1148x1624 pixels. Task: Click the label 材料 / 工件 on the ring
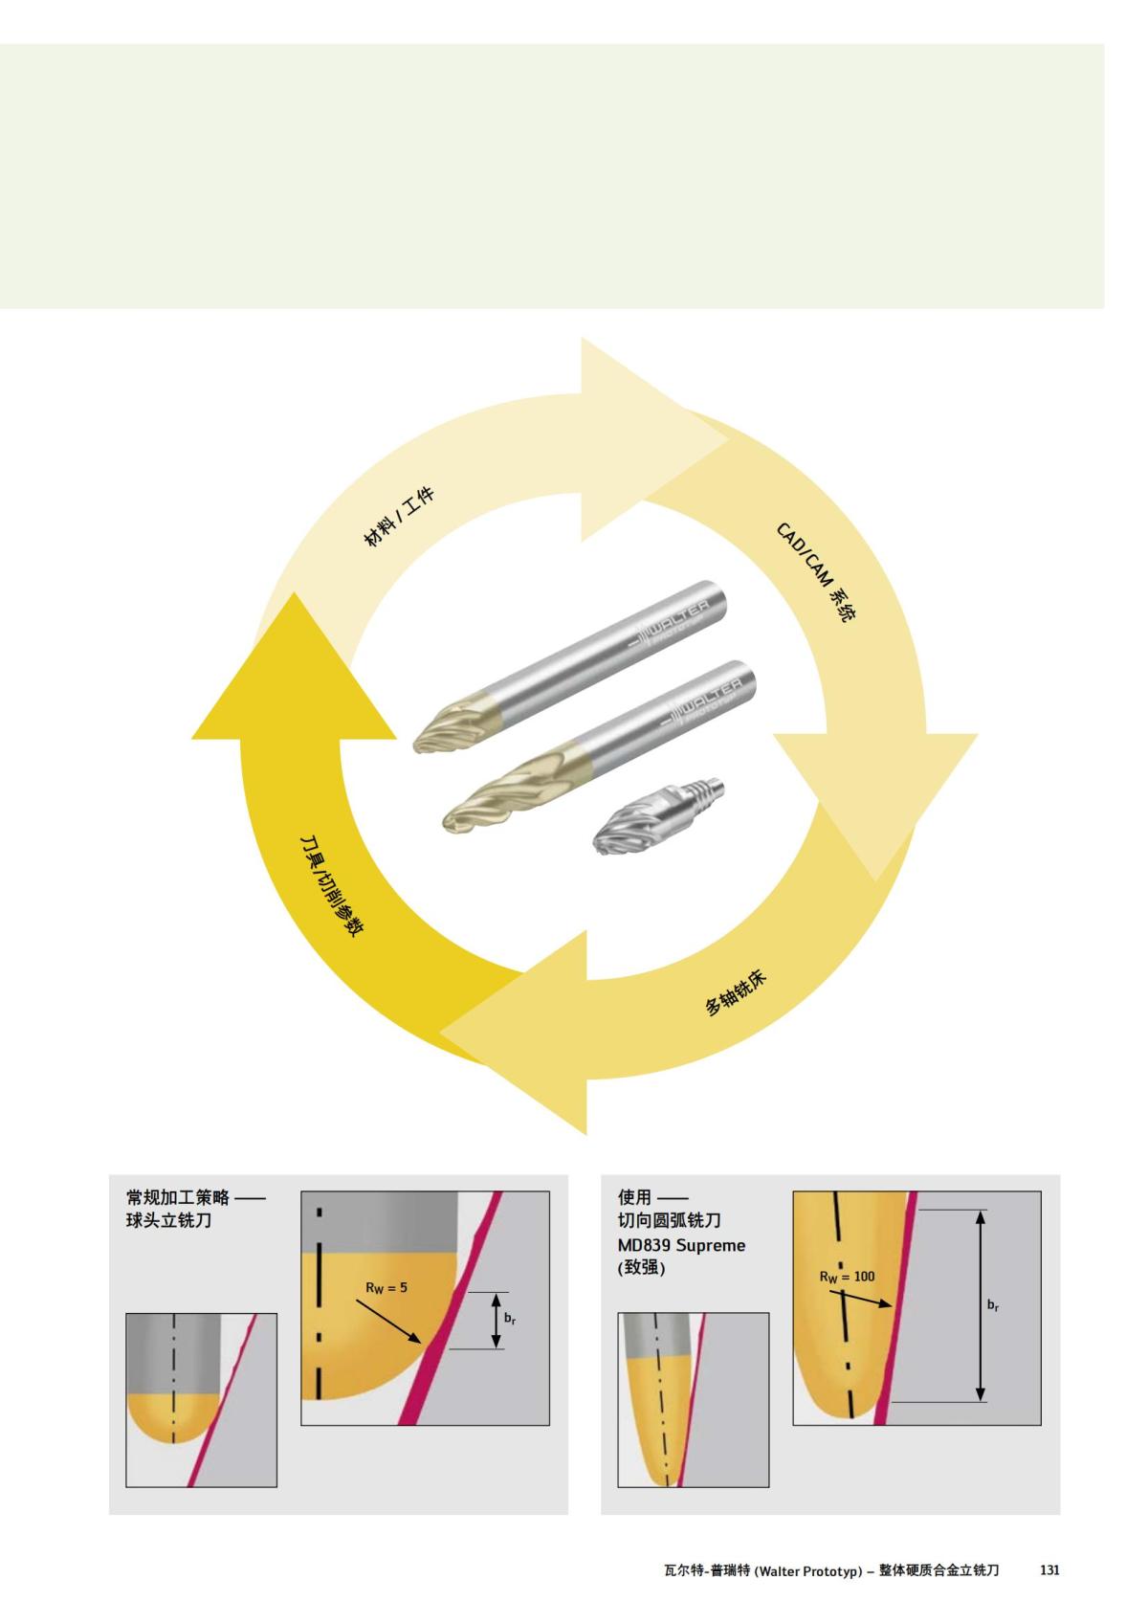pos(399,517)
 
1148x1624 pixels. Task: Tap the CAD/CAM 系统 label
pos(816,572)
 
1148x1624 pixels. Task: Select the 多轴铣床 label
pos(735,992)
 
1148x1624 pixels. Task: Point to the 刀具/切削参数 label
pos(332,886)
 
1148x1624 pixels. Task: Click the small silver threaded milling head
pos(659,815)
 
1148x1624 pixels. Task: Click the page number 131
pos(1049,1569)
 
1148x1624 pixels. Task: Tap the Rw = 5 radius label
pos(386,1287)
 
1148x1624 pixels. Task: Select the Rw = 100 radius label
pos(847,1277)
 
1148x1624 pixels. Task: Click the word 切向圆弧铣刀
pos(669,1221)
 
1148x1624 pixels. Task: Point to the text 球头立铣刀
pos(169,1221)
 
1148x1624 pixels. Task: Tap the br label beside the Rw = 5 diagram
pos(510,1319)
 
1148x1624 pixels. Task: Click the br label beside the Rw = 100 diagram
pos(993,1305)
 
